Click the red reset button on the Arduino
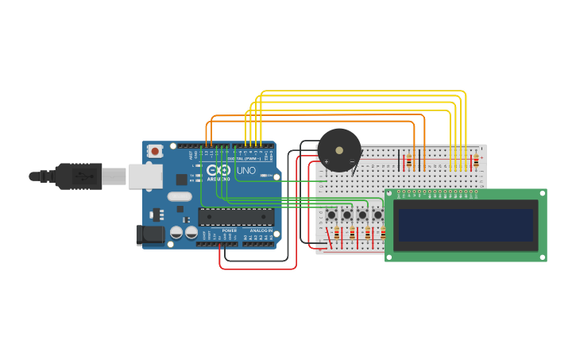155,150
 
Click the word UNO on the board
246,170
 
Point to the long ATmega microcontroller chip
236,217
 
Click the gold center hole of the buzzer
339,149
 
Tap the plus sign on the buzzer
326,162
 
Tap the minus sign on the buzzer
353,162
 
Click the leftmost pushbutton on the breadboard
331,215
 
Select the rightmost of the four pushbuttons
377,215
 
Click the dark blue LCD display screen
466,225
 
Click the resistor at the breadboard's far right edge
476,161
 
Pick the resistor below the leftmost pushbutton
336,234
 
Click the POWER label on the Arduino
229,230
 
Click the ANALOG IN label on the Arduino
261,230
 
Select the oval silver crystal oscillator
180,196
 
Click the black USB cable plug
75,176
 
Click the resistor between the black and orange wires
408,161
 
